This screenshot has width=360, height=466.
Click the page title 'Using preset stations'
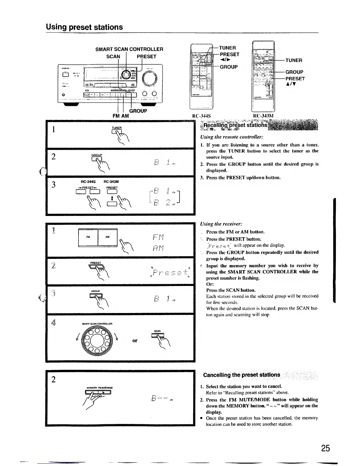tap(84, 27)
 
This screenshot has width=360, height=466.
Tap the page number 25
tap(325, 448)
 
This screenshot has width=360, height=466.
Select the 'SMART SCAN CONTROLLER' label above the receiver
tap(129, 49)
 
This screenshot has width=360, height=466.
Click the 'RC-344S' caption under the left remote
tap(201, 116)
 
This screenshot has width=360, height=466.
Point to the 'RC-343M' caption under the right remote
tap(263, 116)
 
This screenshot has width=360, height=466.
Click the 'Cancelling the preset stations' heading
tap(241, 375)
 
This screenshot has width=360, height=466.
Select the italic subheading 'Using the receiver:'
tap(221, 224)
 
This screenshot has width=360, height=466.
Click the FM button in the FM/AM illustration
tap(88, 237)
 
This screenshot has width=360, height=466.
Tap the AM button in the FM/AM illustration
tap(107, 237)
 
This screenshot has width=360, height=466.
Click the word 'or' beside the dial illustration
tap(135, 341)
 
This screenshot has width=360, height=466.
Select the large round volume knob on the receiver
tap(150, 77)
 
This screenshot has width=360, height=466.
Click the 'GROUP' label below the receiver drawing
tap(138, 111)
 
